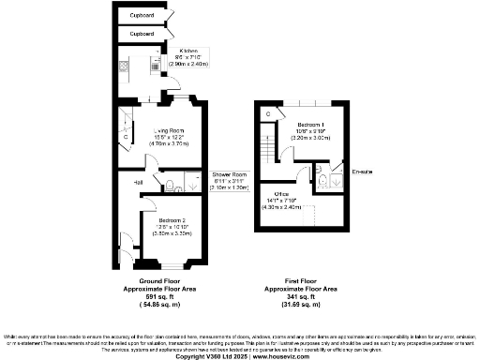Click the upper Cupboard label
(142, 16)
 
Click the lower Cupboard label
(142, 34)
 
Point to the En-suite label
(362, 172)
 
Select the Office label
(281, 192)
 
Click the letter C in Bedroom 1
(268, 114)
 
